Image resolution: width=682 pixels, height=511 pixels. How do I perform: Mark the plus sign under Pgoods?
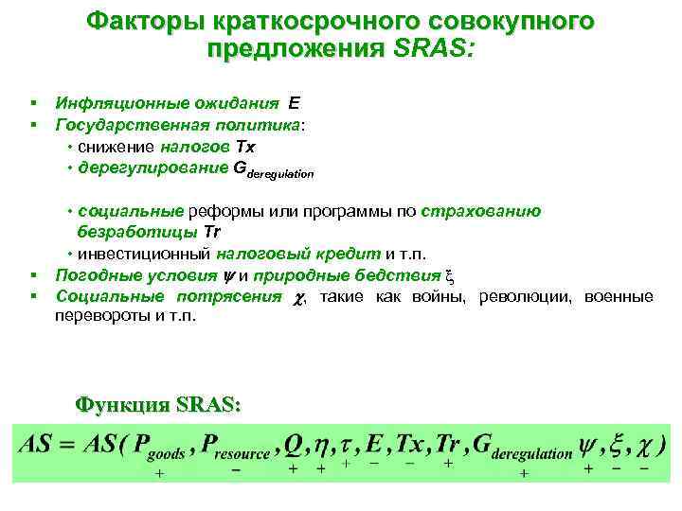[x=158, y=472]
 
